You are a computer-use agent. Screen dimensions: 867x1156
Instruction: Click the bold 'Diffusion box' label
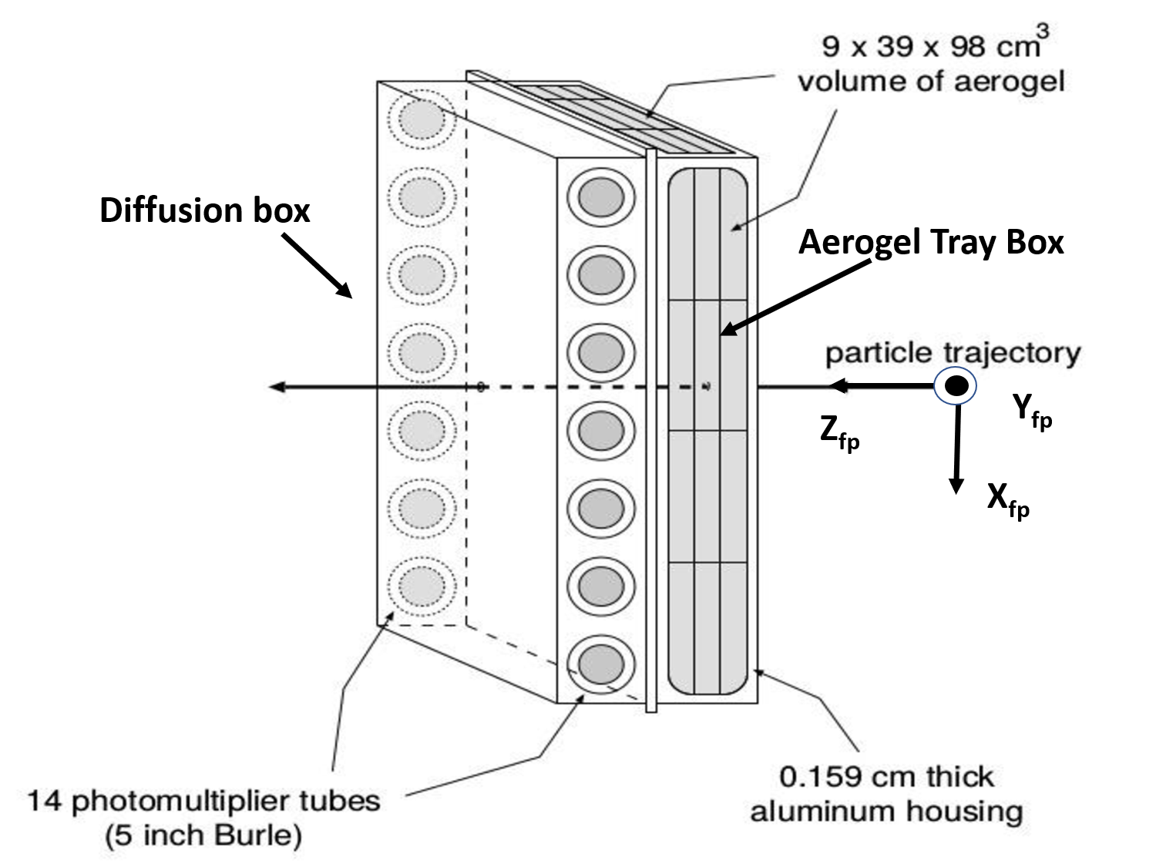204,210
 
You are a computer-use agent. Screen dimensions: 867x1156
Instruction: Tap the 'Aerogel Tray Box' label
930,242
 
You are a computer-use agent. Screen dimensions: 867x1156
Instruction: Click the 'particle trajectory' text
953,353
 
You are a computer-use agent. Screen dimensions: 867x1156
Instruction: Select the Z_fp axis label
839,432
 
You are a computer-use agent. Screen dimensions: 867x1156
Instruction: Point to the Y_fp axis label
1032,411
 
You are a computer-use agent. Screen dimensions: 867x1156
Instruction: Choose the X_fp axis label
1008,501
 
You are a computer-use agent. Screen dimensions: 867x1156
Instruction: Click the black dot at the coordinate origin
956,385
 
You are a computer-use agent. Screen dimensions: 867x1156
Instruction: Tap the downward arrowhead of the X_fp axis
956,485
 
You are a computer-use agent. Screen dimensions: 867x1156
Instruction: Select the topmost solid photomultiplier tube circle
601,196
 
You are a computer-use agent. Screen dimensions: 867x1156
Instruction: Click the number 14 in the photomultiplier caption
44,801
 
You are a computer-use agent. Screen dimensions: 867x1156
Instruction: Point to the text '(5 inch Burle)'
203,835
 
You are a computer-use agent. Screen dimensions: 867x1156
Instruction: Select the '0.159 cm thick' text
886,776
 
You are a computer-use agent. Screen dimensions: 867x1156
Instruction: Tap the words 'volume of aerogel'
931,81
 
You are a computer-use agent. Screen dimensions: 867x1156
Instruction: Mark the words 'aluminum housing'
886,811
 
